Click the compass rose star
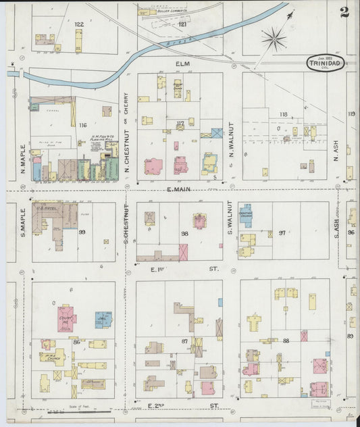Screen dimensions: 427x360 [x=274, y=38]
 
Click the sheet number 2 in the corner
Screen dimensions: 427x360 [x=344, y=11]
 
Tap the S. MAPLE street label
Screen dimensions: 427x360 [x=22, y=223]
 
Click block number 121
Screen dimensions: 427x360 [x=182, y=24]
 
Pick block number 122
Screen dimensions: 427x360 [x=79, y=24]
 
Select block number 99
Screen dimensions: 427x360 [x=82, y=232]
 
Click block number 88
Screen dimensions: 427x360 [x=286, y=340]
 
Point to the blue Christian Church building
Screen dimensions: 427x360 [x=246, y=216]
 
